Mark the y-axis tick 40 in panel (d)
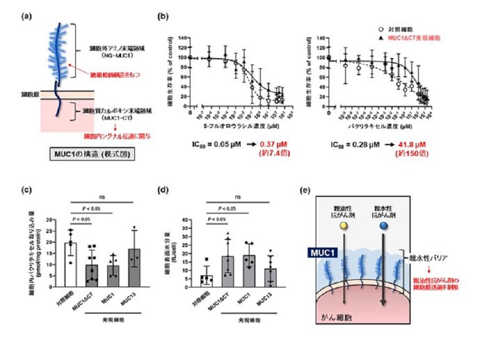[x=188, y=220]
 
